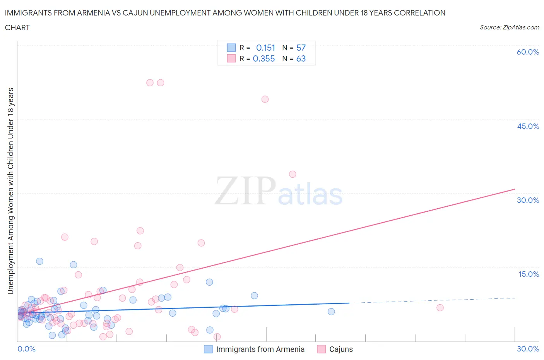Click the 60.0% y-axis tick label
[x=528, y=52]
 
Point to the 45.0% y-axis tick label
[x=528, y=126]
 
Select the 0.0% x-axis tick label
[x=26, y=349]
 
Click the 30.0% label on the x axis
[x=528, y=349]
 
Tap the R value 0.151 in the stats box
[x=265, y=48]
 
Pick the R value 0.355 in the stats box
[x=264, y=58]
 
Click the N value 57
[x=301, y=48]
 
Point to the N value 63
[x=301, y=58]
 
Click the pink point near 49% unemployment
[x=265, y=99]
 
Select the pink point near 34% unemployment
[x=293, y=174]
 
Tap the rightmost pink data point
[x=440, y=308]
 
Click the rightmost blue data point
[x=331, y=312]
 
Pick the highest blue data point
[x=39, y=261]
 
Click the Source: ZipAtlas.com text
[x=509, y=27]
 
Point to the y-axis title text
[x=10, y=191]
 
